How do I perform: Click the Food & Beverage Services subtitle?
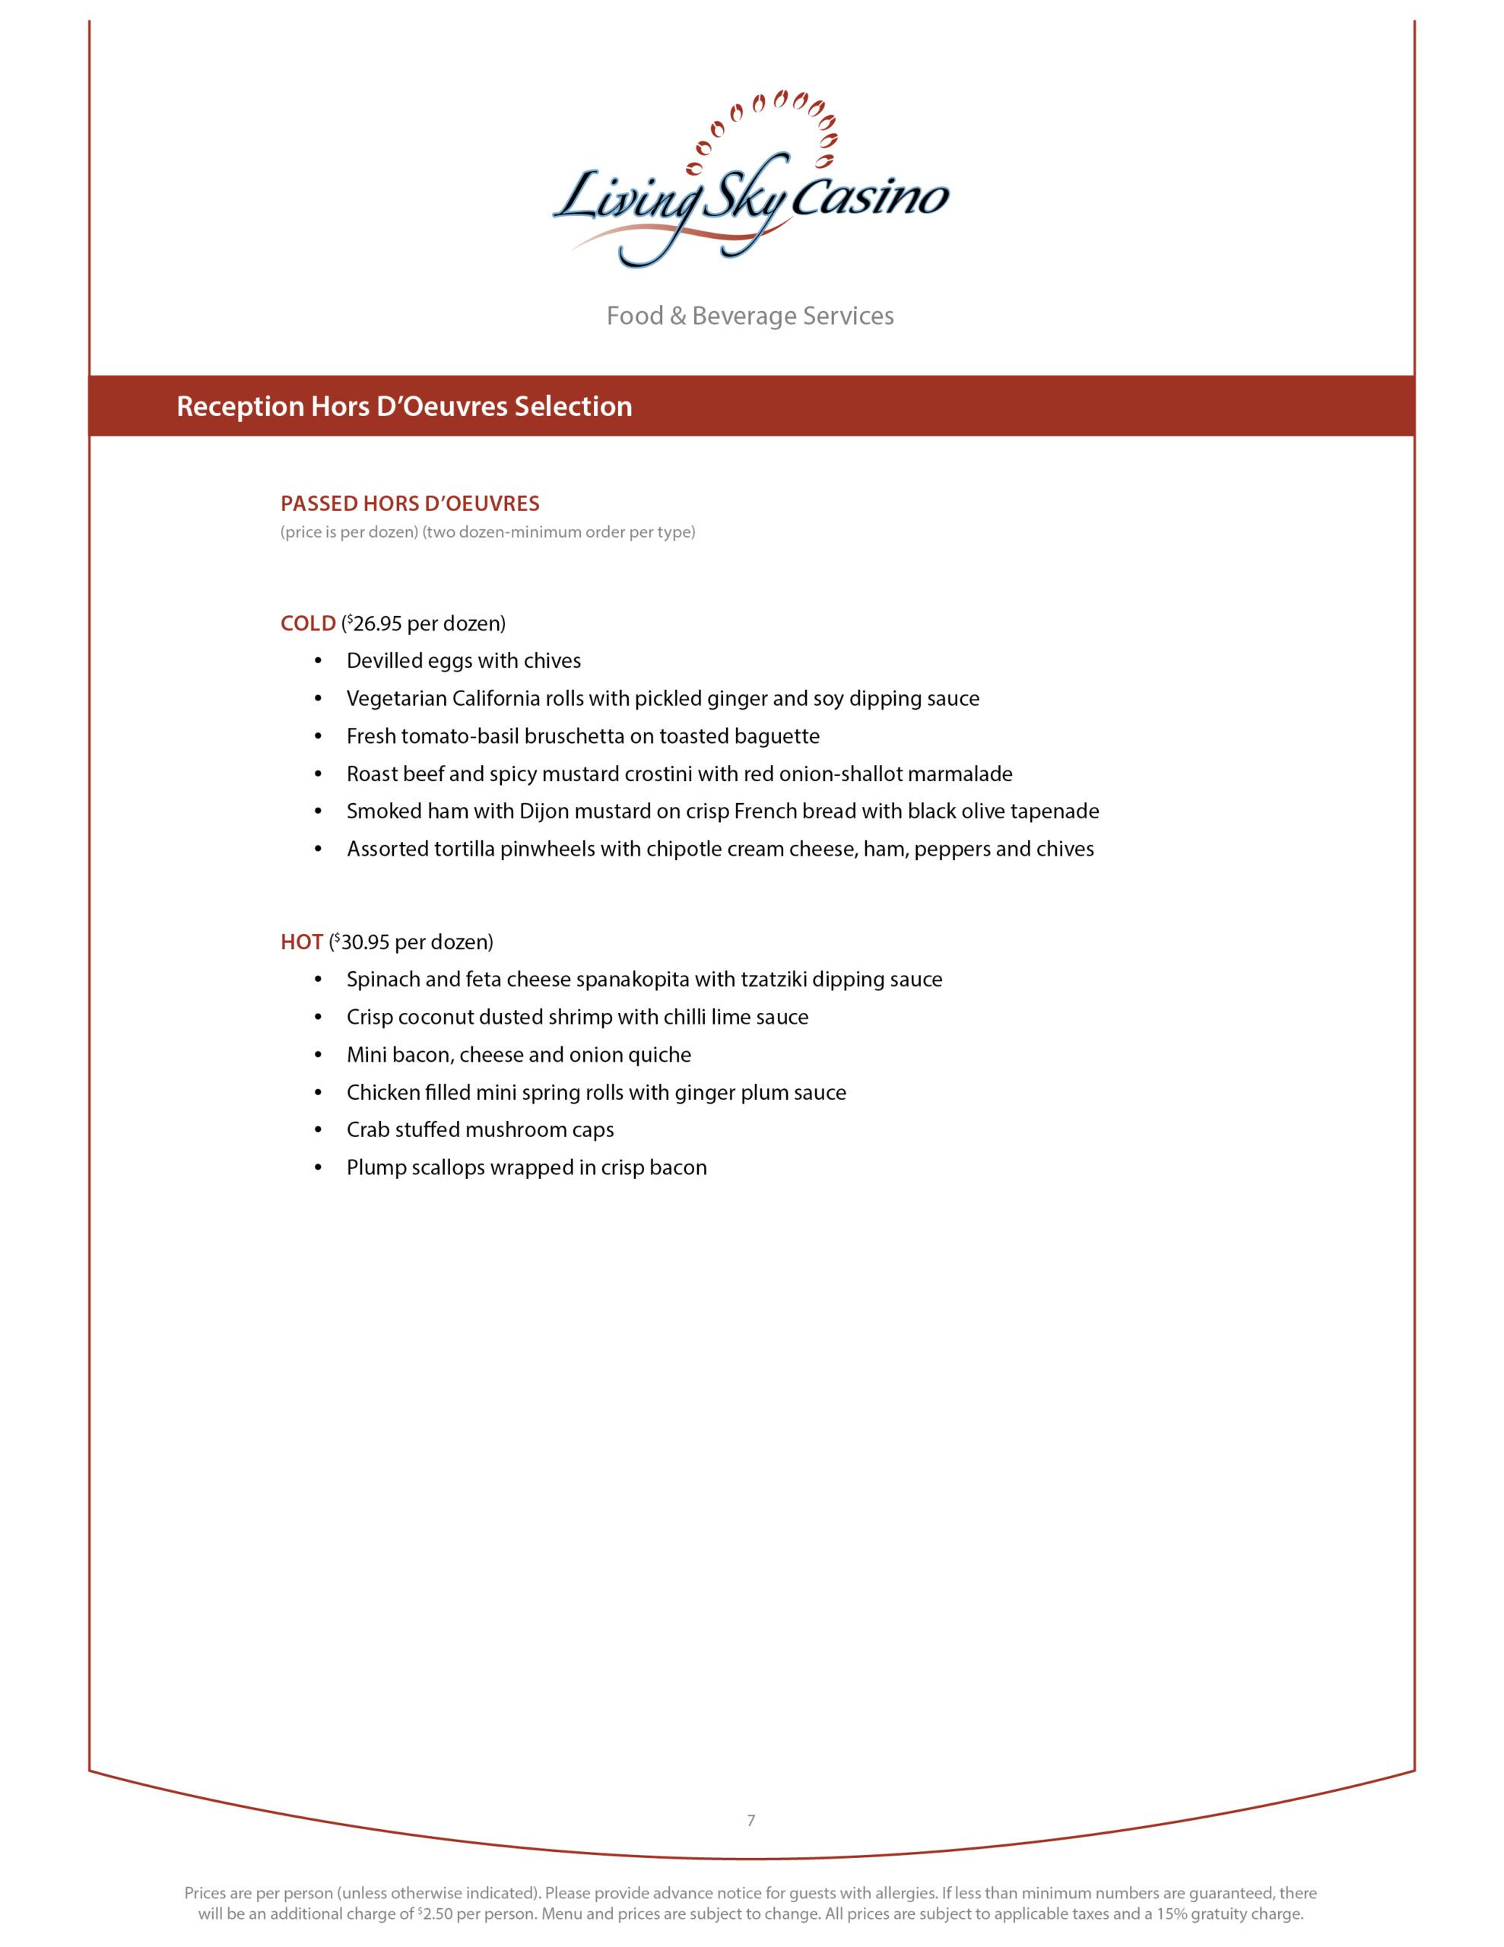[750, 316]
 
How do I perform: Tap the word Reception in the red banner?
[240, 407]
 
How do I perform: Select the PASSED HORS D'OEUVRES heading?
[409, 503]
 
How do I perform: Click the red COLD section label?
[308, 623]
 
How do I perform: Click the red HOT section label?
[301, 942]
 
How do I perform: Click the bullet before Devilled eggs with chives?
[319, 662]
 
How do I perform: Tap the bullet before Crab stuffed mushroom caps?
[319, 1130]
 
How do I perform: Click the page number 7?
[750, 1821]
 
